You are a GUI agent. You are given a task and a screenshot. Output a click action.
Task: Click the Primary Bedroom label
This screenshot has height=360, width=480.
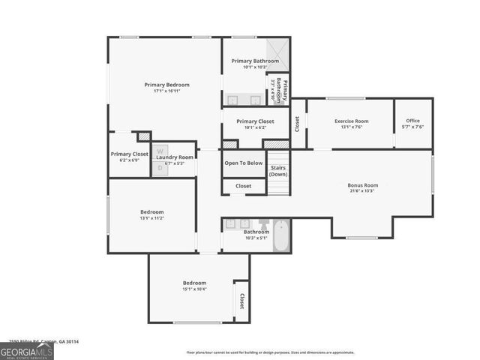tap(166, 85)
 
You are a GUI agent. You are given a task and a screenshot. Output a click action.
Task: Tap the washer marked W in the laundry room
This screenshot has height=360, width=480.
tap(160, 149)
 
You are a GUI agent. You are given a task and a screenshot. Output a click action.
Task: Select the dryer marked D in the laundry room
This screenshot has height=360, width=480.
tap(160, 168)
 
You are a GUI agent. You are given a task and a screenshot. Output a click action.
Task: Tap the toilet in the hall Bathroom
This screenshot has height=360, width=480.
tap(263, 224)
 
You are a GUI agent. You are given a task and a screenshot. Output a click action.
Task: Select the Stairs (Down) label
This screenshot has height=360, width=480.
tap(278, 170)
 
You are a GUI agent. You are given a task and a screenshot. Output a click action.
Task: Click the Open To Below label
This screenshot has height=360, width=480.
tap(244, 163)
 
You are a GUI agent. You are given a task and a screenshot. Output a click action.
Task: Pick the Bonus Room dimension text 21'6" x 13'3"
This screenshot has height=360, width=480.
tap(362, 191)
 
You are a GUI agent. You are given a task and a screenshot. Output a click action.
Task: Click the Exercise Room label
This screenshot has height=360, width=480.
tap(351, 121)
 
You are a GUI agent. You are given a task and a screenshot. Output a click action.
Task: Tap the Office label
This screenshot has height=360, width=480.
tap(413, 121)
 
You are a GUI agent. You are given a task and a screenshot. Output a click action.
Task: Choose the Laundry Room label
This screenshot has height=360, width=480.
tap(175, 157)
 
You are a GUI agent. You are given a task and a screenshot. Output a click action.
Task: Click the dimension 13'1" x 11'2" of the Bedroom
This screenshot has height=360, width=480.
tap(151, 218)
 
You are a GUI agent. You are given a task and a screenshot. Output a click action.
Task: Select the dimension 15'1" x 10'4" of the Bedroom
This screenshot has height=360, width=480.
tap(194, 289)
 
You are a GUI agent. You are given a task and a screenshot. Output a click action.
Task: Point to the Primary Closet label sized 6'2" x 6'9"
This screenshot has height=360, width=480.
tap(130, 154)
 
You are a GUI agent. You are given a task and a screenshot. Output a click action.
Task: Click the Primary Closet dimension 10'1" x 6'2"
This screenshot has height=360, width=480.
tap(255, 127)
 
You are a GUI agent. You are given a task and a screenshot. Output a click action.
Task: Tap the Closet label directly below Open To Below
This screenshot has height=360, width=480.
tap(244, 186)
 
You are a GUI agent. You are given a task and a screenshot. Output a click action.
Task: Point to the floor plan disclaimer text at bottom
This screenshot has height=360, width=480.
tap(270, 352)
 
